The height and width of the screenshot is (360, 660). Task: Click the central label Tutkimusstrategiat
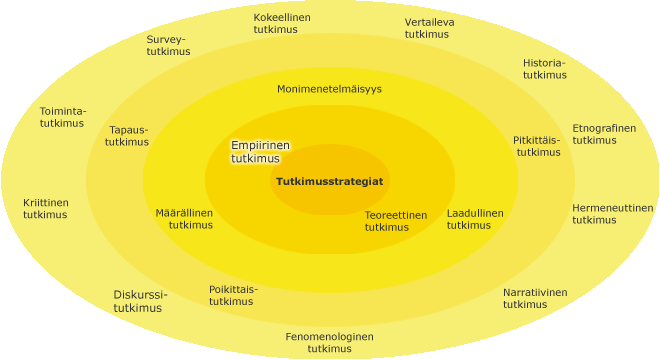pos(330,181)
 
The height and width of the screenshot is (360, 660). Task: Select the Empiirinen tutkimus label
pos(260,152)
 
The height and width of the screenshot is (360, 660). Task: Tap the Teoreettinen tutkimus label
pos(396,221)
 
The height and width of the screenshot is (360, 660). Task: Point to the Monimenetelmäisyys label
pos(329,89)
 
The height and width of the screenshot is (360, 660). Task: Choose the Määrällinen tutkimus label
pos(184,219)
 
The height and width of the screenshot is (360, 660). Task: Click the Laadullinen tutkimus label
pos(475,219)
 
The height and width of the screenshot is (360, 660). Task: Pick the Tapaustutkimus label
pos(127,136)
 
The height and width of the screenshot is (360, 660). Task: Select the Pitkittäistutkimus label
pos(537,146)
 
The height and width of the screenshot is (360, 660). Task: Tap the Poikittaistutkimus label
pos(234,295)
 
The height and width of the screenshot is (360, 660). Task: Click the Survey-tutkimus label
pos(168,45)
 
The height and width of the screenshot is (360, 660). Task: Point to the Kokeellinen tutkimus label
pos(282,23)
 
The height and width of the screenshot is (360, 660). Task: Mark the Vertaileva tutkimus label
pos(429,28)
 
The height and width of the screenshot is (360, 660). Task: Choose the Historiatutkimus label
pos(545,69)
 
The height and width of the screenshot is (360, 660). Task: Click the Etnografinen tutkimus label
pos(604,134)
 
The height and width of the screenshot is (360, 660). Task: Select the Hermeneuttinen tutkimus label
pos(613,213)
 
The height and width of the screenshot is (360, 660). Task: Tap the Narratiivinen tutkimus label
pos(535,298)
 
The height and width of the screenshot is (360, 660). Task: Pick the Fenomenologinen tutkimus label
pos(330,342)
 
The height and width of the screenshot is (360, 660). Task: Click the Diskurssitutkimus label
pos(140,301)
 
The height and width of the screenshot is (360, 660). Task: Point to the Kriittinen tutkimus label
pos(45,208)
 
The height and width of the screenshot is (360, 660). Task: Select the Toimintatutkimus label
pos(63,117)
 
